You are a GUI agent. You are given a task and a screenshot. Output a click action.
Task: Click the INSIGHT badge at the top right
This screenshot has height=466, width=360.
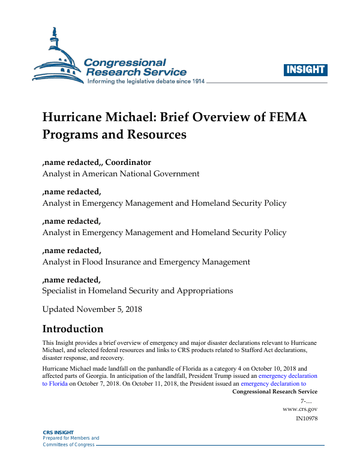click(305, 69)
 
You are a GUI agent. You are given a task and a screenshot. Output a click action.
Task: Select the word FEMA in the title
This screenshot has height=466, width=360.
click(285, 117)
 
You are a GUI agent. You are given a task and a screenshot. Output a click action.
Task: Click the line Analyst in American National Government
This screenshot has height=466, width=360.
click(121, 173)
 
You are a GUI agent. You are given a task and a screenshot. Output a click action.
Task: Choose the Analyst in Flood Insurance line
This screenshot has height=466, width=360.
click(146, 261)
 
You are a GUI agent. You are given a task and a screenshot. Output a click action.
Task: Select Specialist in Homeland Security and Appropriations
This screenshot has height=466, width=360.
click(137, 290)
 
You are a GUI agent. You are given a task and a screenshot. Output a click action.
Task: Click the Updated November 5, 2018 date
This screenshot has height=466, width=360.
click(92, 309)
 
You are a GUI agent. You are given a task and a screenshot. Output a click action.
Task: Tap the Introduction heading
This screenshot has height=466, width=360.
click(73, 329)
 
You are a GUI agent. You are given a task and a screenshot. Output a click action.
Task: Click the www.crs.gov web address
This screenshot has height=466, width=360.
click(299, 408)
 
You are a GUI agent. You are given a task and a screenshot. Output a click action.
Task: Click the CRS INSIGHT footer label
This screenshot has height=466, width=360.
click(58, 432)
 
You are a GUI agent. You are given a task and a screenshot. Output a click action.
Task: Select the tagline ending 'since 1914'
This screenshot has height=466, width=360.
click(146, 81)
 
